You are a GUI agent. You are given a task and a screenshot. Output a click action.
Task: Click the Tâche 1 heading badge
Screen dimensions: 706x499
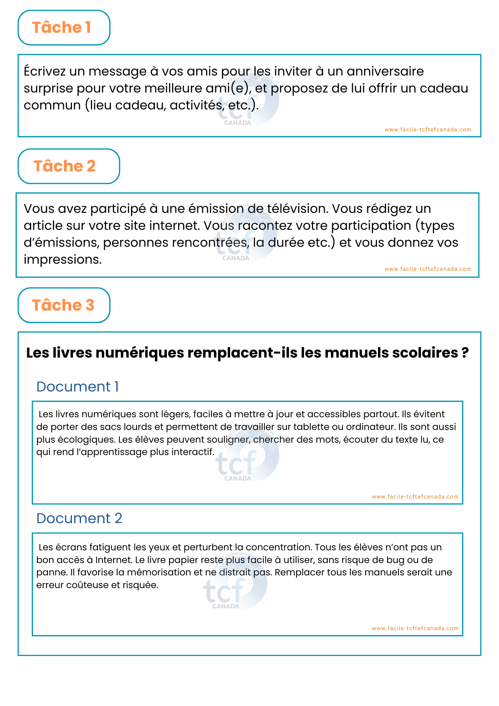pos(64,28)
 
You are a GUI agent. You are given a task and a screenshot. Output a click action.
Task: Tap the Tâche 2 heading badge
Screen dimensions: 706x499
pos(68,166)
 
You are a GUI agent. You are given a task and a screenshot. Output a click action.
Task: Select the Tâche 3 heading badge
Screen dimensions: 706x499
pos(64,305)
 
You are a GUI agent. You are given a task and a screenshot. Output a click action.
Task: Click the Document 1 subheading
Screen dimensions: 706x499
pos(77,387)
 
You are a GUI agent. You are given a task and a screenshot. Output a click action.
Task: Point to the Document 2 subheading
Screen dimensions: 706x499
pos(79,518)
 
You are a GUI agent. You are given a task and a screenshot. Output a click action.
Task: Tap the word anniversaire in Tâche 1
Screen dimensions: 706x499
pos(385,71)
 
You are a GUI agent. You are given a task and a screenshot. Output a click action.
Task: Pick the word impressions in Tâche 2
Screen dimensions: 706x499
pos(62,259)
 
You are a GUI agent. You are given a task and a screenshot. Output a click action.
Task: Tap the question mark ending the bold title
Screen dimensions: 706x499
pos(465,353)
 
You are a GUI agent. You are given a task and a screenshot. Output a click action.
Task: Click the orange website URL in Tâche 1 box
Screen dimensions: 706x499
pos(428,130)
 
